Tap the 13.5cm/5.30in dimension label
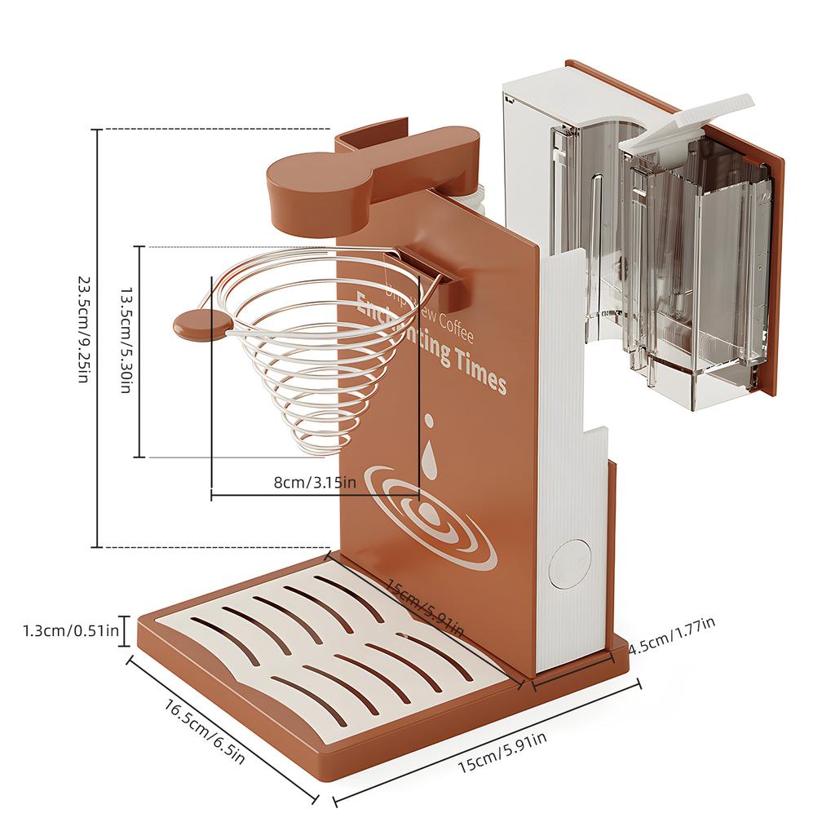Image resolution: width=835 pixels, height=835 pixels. [x=126, y=351]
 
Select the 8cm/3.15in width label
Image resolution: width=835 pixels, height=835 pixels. [x=315, y=482]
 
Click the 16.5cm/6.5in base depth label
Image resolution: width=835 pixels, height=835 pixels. [x=204, y=732]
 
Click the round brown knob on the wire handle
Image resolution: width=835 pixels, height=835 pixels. [x=197, y=324]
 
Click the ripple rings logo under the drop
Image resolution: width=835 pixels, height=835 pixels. [x=431, y=515]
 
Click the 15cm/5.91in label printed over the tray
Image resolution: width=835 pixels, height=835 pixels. [x=424, y=607]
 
